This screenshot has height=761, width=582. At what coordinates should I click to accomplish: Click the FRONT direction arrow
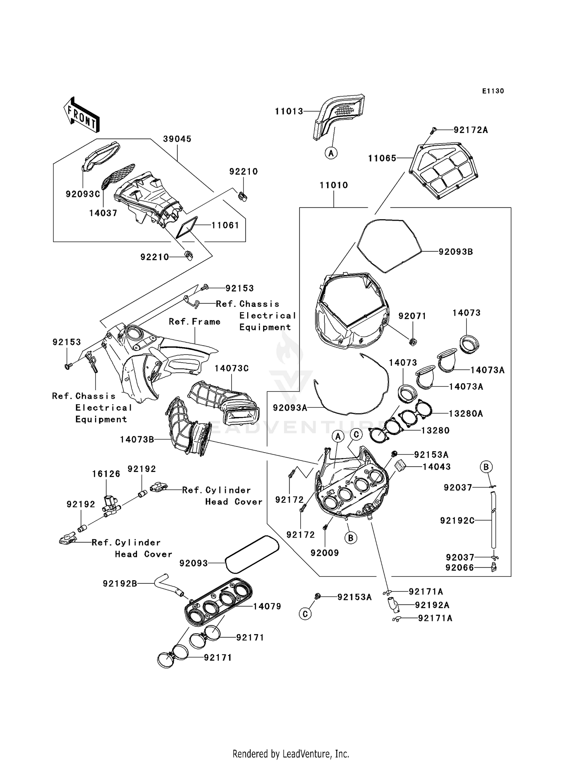click(81, 115)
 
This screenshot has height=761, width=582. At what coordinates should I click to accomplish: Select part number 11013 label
click(289, 111)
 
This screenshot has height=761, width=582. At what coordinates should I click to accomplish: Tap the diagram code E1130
click(493, 91)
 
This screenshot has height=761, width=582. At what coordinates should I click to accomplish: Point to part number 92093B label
click(456, 252)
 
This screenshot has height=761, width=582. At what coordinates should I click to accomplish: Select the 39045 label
click(177, 139)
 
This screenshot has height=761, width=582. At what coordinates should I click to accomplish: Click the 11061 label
click(225, 225)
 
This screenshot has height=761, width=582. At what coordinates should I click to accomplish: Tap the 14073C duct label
click(231, 368)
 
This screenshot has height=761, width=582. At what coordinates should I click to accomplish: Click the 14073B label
click(137, 439)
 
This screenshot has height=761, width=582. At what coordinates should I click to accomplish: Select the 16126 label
click(106, 474)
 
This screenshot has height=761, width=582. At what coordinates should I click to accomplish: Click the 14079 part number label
click(267, 606)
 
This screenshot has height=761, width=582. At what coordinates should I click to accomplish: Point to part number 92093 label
click(194, 563)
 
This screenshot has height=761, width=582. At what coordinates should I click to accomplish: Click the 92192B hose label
click(120, 583)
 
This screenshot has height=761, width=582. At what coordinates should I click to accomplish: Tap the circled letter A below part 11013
click(331, 153)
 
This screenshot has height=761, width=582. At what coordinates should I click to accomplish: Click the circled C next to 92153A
click(305, 614)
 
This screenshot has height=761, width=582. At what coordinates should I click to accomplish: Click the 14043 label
click(436, 467)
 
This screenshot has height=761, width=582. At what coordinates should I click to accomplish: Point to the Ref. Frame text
click(194, 322)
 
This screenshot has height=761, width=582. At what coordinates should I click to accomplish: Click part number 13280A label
click(466, 413)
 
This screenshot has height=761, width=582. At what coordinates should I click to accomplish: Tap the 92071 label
click(412, 316)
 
